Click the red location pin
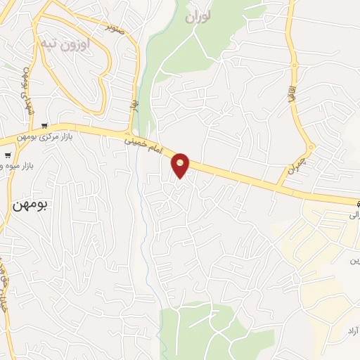181,165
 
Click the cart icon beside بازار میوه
7,156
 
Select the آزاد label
352,330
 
